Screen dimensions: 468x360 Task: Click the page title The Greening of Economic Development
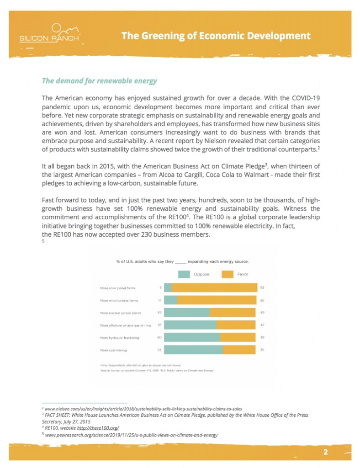point(216,36)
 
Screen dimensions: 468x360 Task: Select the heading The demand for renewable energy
point(99,81)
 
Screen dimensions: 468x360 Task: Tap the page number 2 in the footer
point(326,452)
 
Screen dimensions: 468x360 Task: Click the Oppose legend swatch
point(184,274)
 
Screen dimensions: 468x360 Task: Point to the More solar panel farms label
point(118,288)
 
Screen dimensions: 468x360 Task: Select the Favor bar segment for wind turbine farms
point(217,300)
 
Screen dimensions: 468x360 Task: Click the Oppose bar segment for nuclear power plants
point(186,313)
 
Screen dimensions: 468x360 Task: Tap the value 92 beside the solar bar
point(262,288)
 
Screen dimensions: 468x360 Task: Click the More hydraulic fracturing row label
point(119,338)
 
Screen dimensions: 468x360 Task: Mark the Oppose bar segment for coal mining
point(193,350)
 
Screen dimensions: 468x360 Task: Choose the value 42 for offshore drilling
point(262,325)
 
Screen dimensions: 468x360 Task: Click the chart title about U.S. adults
point(182,262)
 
